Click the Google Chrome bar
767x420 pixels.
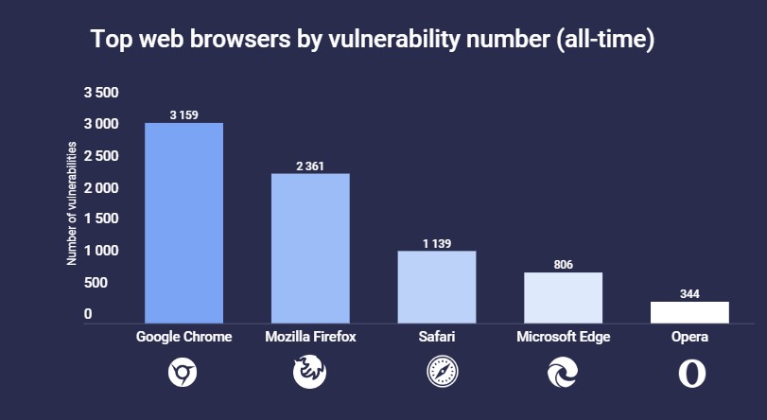183,223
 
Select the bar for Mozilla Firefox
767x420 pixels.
310,248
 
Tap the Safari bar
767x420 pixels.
436,287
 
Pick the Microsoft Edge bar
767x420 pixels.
563,298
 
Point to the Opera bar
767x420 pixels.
689,312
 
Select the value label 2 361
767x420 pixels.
310,166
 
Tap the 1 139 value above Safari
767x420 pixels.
436,244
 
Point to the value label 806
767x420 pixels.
563,265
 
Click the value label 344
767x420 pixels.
689,294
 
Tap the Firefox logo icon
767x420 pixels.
309,374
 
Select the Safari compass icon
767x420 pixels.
436,374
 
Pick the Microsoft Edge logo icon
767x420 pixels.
563,374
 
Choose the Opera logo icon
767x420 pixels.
690,374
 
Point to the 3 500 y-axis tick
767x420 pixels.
101,93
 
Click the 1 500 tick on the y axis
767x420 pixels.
101,219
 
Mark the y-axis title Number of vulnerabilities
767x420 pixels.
72,203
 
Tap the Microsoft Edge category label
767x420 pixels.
563,337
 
